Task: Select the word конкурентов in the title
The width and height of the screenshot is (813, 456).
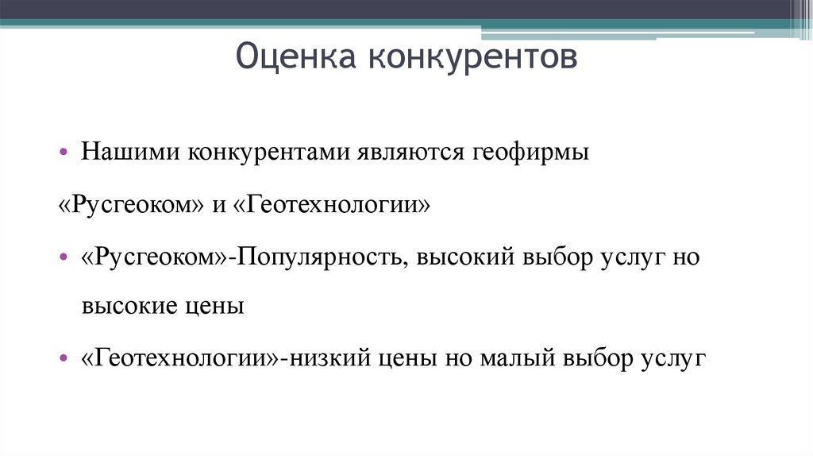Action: [472, 58]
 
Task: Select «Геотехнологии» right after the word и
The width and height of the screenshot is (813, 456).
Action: [333, 206]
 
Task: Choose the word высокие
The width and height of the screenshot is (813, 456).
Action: [125, 307]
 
